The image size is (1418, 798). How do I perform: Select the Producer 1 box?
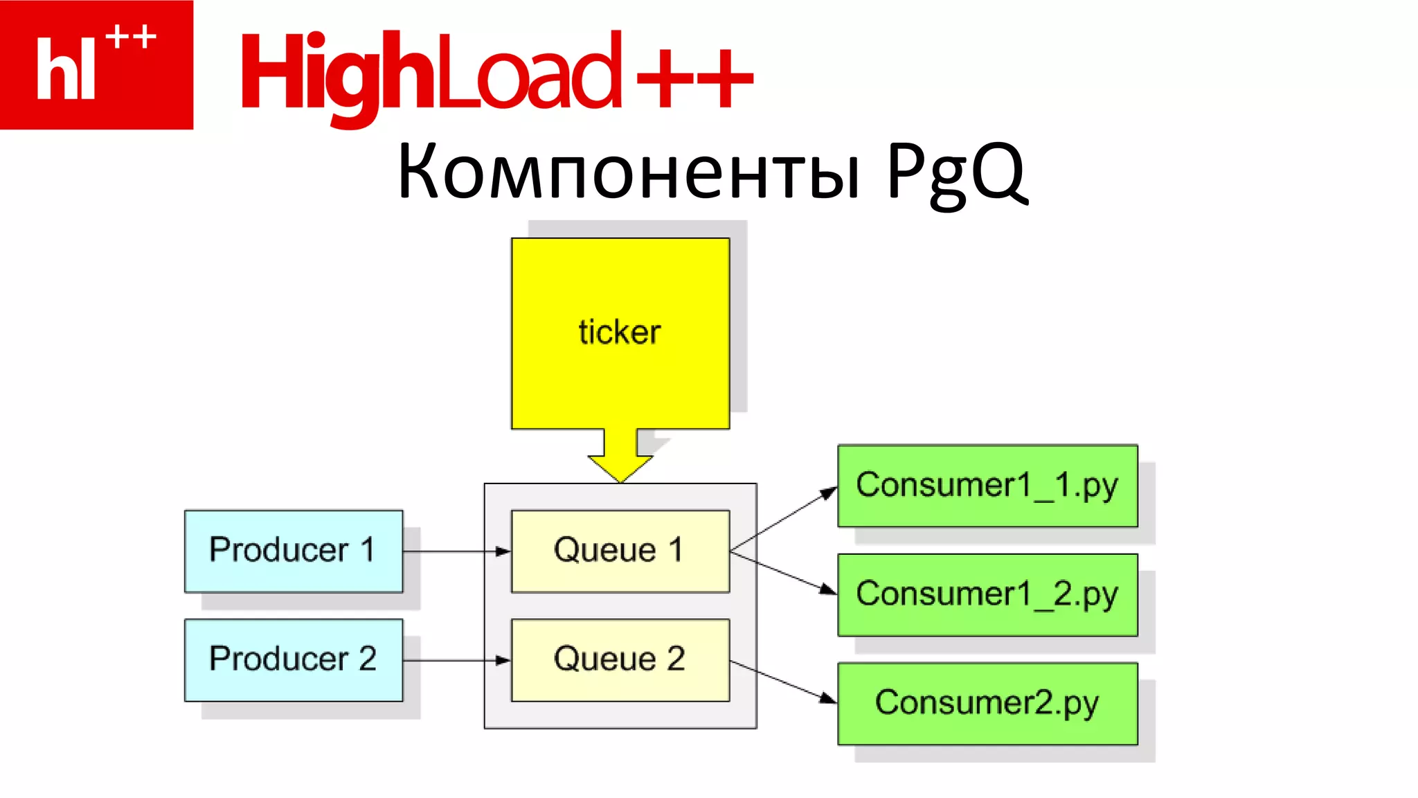coord(294,551)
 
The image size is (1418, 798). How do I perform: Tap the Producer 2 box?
coord(294,659)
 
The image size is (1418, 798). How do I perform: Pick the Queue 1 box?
coord(620,551)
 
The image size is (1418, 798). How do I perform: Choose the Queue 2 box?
coord(620,659)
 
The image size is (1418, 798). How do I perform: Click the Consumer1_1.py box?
coord(987,486)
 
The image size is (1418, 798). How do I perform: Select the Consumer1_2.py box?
coord(987,594)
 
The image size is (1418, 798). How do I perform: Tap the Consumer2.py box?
coord(987,703)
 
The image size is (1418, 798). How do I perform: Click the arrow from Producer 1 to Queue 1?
coord(457,551)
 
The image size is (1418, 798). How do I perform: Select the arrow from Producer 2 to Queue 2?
coord(457,660)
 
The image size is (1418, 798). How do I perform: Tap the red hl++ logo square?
coord(96,64)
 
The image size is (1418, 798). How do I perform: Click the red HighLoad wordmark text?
coord(429,73)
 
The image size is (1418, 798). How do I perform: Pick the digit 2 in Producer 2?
coord(368,659)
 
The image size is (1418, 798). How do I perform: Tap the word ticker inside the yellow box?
coord(620,332)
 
